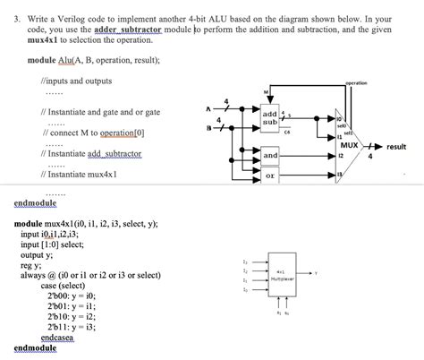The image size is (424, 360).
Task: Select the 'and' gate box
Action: point(269,157)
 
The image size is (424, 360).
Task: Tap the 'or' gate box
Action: point(269,177)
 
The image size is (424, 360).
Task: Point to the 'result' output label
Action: point(396,146)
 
